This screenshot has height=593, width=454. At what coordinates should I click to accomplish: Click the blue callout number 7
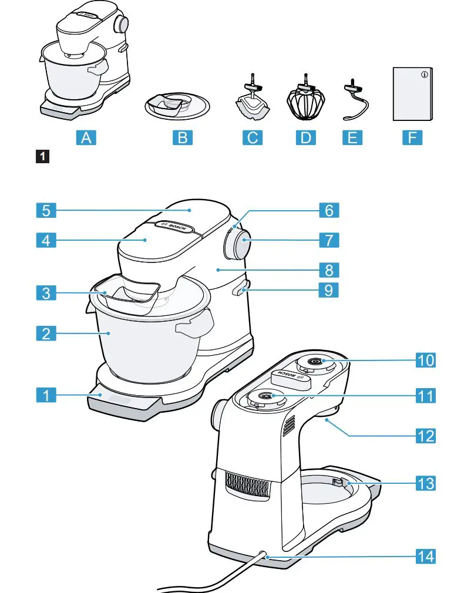tap(329, 240)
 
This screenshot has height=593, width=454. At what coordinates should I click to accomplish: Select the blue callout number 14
tap(426, 555)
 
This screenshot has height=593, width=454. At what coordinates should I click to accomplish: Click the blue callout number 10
tap(426, 360)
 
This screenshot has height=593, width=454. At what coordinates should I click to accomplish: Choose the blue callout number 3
tap(45, 293)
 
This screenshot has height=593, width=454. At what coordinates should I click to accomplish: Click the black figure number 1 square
tap(43, 157)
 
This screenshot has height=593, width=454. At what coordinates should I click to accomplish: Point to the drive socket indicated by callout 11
tap(264, 396)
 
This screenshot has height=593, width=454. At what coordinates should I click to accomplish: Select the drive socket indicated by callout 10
tap(315, 362)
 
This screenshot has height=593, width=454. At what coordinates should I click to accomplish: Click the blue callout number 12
tap(426, 435)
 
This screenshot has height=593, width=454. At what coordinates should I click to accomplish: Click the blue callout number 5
tap(45, 209)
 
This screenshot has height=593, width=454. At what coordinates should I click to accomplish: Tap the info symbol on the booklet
tap(425, 75)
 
